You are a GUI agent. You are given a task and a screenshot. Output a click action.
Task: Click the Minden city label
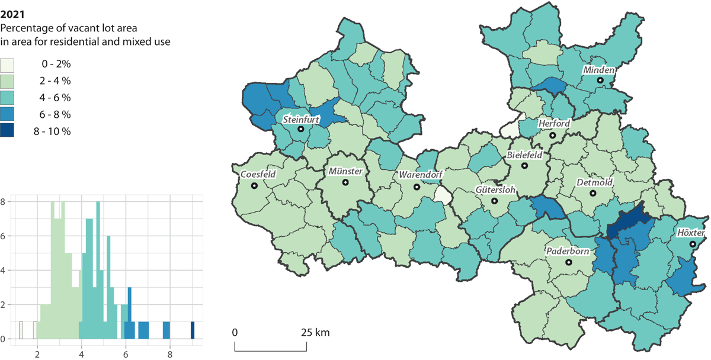click(600, 70)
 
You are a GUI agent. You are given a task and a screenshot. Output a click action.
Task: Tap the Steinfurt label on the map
click(301, 120)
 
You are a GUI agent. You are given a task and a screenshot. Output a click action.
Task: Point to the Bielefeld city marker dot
click(524, 165)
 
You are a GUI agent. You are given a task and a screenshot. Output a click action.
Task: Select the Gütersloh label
click(495, 191)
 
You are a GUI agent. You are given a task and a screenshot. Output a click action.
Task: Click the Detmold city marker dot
click(594, 193)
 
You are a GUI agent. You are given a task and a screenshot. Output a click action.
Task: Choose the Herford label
click(553, 124)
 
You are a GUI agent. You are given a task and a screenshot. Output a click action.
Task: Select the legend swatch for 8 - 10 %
click(10, 131)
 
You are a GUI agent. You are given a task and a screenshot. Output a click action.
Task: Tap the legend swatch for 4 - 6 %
click(10, 97)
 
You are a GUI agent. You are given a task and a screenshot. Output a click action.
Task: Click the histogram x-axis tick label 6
click(126, 355)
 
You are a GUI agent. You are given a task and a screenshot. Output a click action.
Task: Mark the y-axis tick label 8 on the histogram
click(3, 201)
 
